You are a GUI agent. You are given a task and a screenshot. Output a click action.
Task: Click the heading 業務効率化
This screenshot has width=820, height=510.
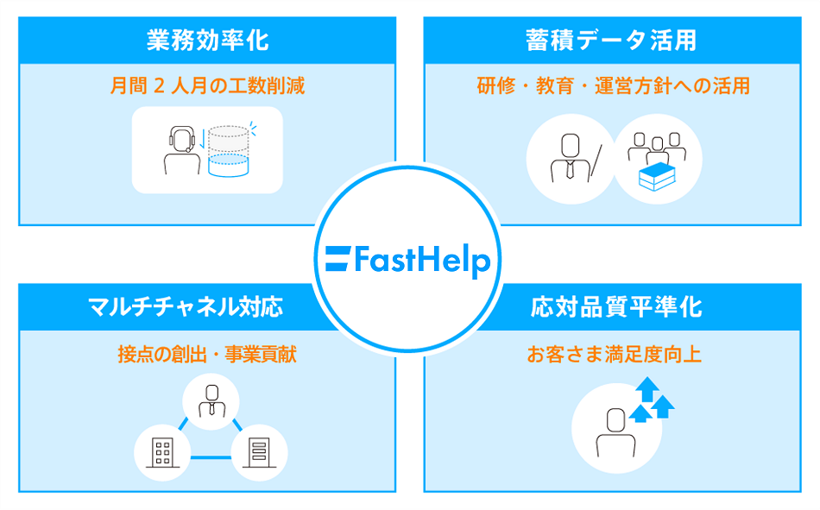pos(207,40)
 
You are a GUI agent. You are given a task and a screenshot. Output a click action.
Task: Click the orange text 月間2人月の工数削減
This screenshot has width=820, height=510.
pos(207,86)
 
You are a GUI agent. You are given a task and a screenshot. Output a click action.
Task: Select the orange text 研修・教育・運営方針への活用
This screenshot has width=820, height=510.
pos(613,86)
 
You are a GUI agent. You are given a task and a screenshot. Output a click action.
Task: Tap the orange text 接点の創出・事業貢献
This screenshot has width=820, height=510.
pos(207,354)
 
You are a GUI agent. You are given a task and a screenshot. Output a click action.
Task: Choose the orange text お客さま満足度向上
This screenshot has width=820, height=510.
pos(614,354)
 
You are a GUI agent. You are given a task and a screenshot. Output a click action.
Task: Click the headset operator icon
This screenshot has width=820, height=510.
pos(181,150)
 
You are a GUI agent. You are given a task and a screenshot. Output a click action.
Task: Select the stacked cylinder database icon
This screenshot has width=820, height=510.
pos(228,150)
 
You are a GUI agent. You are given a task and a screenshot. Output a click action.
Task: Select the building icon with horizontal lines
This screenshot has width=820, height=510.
pos(258,451)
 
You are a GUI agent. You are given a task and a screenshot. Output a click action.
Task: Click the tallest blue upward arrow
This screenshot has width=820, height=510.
pos(646,390)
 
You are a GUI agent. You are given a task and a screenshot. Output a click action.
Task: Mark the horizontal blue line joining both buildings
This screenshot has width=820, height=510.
pos(210,456)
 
